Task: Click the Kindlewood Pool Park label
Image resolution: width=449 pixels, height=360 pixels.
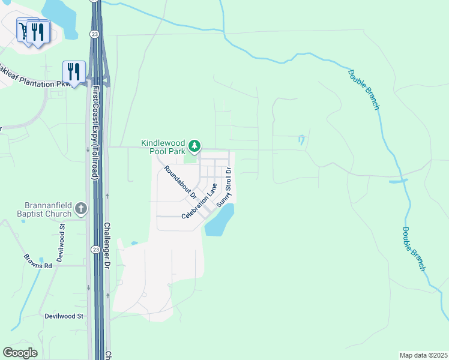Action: [x=163, y=147]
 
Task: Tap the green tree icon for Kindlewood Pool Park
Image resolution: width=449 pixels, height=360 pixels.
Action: [x=194, y=146]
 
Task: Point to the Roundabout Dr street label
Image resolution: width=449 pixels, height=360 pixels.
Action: [x=180, y=182]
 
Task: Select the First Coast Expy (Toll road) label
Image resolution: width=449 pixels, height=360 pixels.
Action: [x=95, y=133]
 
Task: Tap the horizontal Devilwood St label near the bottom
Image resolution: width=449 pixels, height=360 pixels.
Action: [x=63, y=316]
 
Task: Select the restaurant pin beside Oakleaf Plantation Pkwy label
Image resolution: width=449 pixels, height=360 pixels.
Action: [x=74, y=73]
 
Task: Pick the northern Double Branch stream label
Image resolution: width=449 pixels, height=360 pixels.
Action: [x=364, y=89]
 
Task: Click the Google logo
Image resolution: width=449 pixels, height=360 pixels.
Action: [x=20, y=352]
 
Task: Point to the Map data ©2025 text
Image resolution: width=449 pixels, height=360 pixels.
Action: [x=423, y=355]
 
